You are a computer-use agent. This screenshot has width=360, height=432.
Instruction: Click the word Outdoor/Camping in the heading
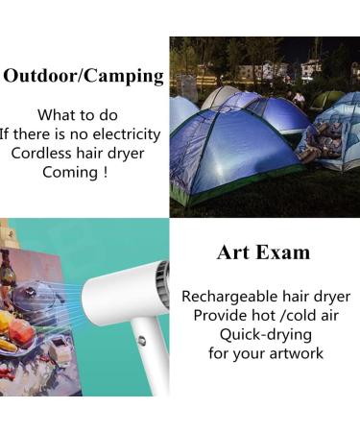pyautogui.click(x=83, y=76)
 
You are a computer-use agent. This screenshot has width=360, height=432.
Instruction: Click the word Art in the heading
pyautogui.click(x=235, y=252)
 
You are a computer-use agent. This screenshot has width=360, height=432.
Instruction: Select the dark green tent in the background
pyautogui.click(x=326, y=99)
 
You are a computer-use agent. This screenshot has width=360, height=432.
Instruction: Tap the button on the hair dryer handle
pyautogui.click(x=141, y=340)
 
